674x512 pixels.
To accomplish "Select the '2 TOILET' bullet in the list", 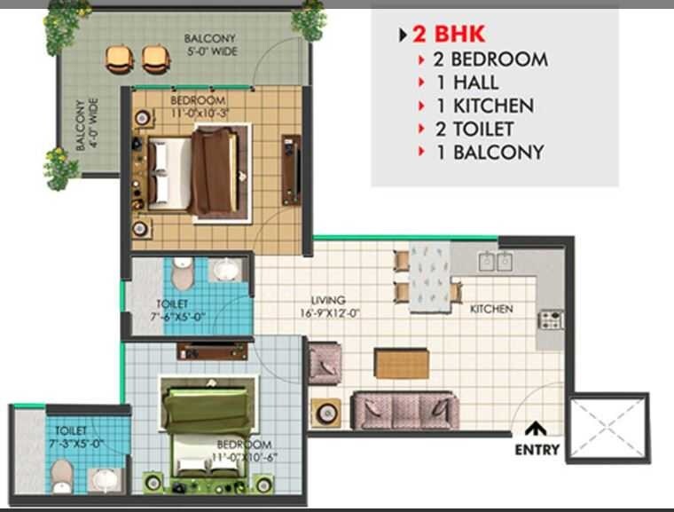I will (483, 129).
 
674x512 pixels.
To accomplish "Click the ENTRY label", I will (537, 450).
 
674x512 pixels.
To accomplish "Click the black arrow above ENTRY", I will (536, 429).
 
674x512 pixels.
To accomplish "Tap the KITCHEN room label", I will (491, 309).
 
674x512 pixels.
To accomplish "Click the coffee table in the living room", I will (402, 362).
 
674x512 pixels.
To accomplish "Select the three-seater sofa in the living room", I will (404, 411).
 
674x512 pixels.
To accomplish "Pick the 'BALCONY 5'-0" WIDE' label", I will (209, 44).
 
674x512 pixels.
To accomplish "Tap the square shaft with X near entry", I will (607, 428).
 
